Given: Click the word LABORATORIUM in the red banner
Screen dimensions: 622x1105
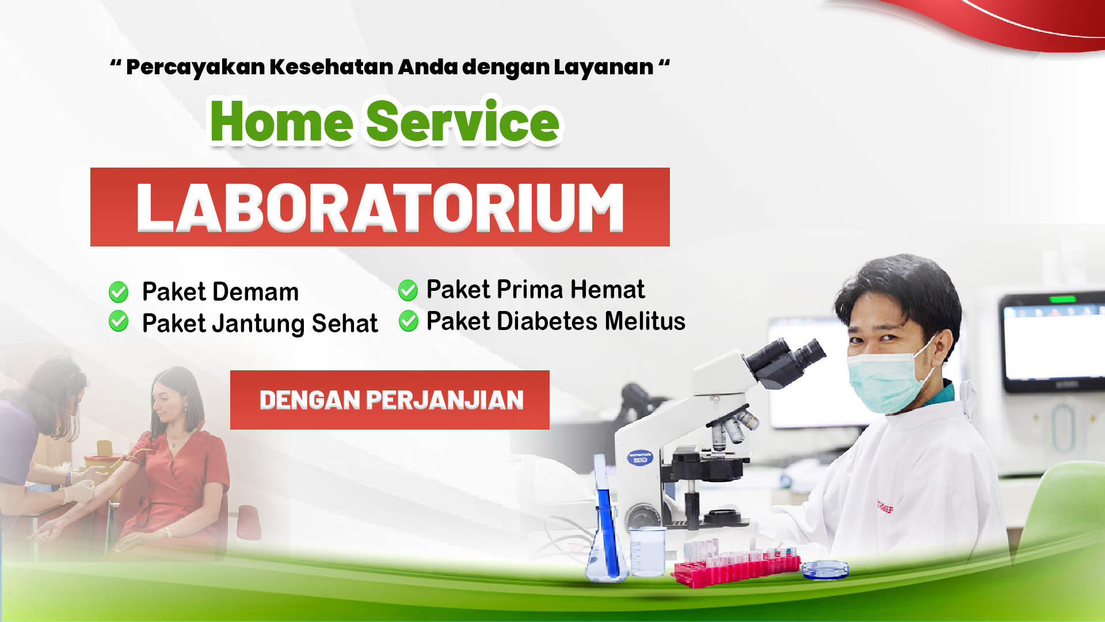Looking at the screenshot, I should coord(380,207).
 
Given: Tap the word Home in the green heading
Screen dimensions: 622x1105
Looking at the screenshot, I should coord(281,122).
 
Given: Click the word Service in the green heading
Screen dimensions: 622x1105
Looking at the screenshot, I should coord(463,122).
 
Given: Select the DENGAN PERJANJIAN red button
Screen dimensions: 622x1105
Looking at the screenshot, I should coord(390,400).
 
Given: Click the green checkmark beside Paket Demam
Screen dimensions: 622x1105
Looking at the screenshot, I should coord(119,292).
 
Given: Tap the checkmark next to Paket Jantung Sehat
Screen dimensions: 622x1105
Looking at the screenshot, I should coord(119,321).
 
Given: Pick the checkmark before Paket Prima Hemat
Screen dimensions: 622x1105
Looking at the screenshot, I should coord(408,290).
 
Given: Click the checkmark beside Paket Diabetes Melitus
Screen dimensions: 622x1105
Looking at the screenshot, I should coord(409,321).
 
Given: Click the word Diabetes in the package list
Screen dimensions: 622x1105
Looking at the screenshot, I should coord(547,321).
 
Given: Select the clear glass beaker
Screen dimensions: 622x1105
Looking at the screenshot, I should coord(647,551).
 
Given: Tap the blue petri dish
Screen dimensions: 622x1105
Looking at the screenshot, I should coord(825,570).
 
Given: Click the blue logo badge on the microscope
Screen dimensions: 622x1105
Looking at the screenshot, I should coord(640,458).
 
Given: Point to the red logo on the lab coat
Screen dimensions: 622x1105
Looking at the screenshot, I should coord(885,507).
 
